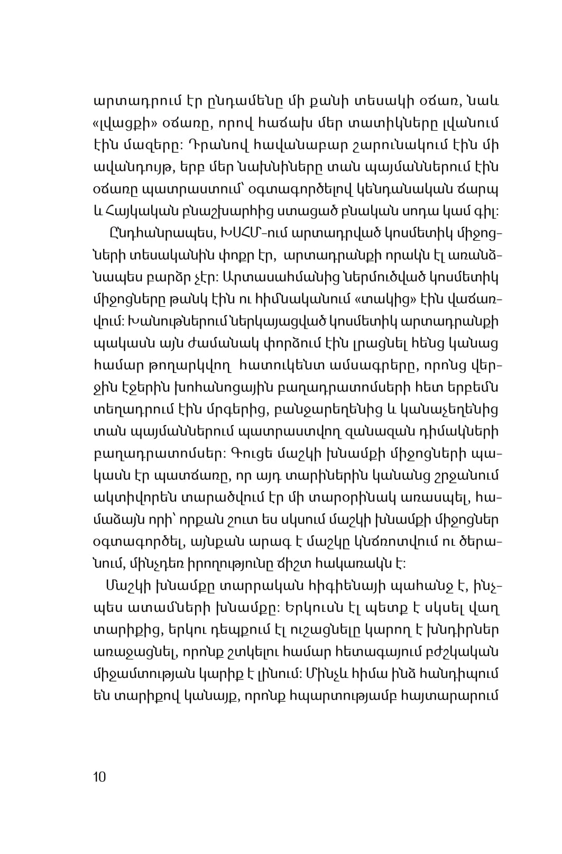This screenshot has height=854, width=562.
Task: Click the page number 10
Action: [99, 777]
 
